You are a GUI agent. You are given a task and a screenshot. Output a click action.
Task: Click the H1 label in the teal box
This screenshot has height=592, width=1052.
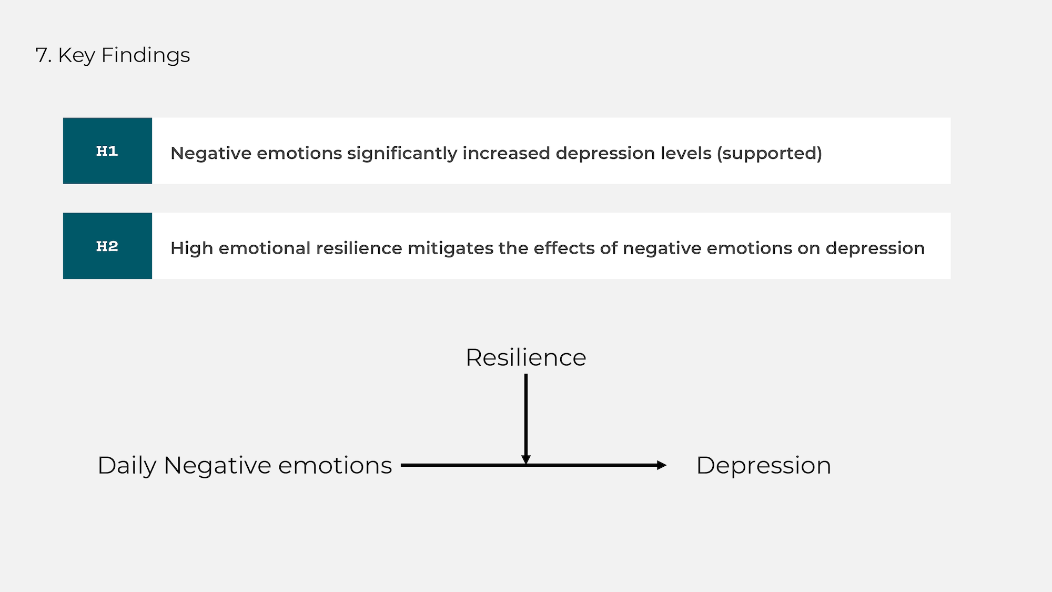pyautogui.click(x=107, y=151)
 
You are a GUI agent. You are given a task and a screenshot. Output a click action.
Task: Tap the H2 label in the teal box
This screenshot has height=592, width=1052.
pyautogui.click(x=107, y=246)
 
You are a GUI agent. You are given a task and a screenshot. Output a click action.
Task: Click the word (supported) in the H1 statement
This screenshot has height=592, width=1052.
pyautogui.click(x=769, y=153)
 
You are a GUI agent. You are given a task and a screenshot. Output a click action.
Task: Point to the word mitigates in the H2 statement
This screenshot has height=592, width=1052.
pyautogui.click(x=450, y=248)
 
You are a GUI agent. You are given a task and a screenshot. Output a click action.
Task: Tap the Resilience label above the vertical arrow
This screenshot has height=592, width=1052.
pyautogui.click(x=526, y=357)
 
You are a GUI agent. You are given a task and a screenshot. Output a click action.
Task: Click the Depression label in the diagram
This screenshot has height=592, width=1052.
pyautogui.click(x=763, y=466)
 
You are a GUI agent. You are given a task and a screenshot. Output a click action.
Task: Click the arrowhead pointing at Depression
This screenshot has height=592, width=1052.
pyautogui.click(x=662, y=465)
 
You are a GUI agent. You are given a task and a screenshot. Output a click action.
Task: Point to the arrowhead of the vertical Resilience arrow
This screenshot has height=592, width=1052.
pyautogui.click(x=526, y=460)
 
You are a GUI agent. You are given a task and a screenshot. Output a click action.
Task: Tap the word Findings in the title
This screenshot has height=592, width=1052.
pyautogui.click(x=146, y=55)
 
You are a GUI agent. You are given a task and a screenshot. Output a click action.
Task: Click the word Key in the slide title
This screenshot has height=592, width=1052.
pyautogui.click(x=77, y=55)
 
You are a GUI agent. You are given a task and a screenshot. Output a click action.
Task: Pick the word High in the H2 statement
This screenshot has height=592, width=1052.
pyautogui.click(x=192, y=248)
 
